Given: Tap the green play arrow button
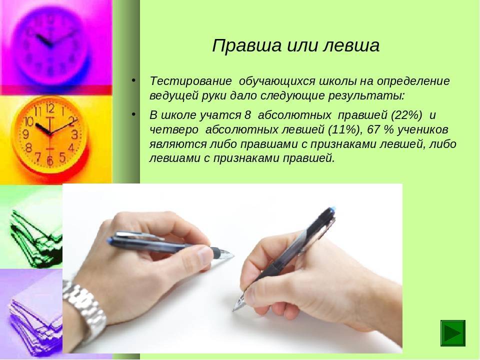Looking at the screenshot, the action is (x=453, y=333).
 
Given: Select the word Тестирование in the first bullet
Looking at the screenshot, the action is (x=190, y=81).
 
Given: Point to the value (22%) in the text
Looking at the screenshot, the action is (x=406, y=115).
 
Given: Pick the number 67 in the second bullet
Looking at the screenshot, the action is (x=373, y=129).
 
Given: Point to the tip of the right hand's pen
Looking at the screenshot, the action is (x=233, y=310).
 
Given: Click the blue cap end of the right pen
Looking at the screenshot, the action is (x=331, y=209).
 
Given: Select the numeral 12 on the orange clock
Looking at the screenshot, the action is (x=50, y=108).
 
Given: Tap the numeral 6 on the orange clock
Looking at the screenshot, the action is (x=50, y=160).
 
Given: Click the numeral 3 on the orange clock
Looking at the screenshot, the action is (x=74, y=134).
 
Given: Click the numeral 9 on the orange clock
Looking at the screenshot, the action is (x=25, y=134).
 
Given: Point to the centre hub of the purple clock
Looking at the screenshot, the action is (x=51, y=45).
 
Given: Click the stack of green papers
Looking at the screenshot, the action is (x=33, y=239).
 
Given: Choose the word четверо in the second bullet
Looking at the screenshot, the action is (x=174, y=130).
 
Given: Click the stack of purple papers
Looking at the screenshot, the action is (x=35, y=318).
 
